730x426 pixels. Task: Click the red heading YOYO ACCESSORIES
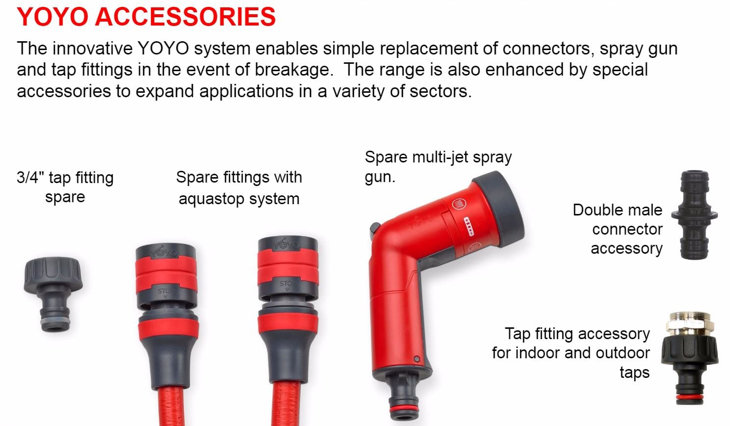point(146,17)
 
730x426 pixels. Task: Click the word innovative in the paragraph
point(93,49)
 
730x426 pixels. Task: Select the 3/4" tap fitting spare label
point(65,187)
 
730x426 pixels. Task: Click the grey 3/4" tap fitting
point(53,294)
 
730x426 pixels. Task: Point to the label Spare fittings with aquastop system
point(239,188)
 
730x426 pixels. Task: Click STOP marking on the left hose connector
point(165,292)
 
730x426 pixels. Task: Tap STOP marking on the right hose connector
point(287,284)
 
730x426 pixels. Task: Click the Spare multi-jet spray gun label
point(438,167)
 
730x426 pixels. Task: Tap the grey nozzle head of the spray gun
point(499,208)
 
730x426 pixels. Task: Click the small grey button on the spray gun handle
point(417,359)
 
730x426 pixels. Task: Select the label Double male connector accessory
point(618,229)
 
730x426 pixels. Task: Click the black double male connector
point(694,214)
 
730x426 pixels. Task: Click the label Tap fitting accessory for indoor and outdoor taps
point(571,353)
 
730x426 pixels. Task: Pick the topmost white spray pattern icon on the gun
point(459,204)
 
